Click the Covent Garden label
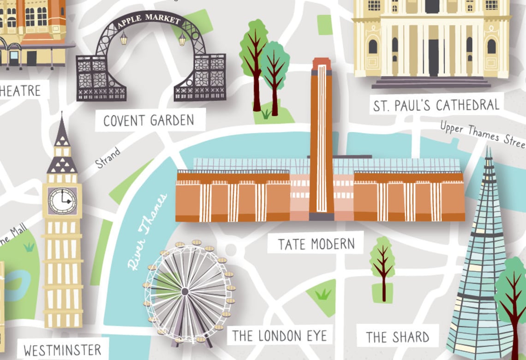click(149, 121)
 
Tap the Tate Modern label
click(316, 244)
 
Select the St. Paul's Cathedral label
click(436, 105)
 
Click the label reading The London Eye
click(279, 336)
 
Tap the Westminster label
click(62, 349)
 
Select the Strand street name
click(108, 157)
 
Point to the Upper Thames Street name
click(482, 134)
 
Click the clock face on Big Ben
click(62, 200)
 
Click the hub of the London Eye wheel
click(185, 291)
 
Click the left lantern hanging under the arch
click(124, 39)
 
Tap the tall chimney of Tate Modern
click(322, 138)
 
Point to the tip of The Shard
click(489, 150)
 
